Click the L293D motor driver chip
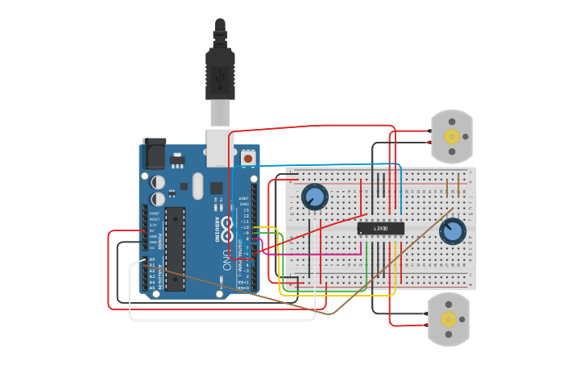[x=380, y=229]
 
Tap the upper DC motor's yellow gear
[x=452, y=136]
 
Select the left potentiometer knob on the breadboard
[x=315, y=196]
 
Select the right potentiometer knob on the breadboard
[x=453, y=232]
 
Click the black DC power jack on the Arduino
[x=154, y=153]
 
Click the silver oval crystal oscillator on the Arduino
[x=198, y=186]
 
